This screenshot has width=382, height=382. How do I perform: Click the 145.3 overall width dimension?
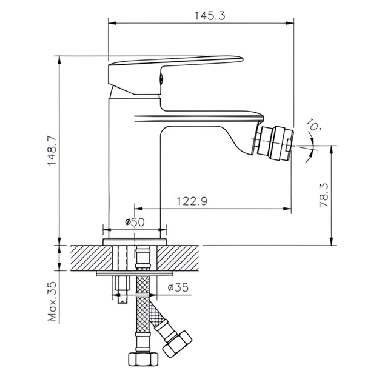coord(210,16)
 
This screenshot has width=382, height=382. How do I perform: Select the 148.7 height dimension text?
coord(52,151)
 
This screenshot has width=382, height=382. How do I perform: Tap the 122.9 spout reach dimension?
coord(192,201)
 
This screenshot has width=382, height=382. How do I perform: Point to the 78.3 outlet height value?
coord(324,195)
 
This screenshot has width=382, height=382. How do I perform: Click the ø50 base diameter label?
coord(135,222)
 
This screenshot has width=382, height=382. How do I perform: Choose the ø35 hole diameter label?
coord(178,287)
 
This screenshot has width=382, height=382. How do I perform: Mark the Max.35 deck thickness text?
coord(52,301)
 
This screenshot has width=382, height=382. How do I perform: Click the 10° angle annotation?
coord(313,125)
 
